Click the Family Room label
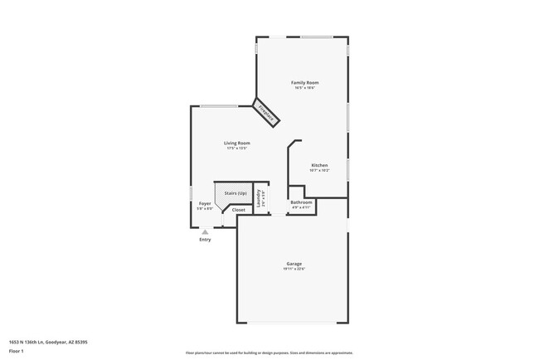coord(304,82)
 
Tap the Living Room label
coord(237,143)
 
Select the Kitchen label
coord(320,165)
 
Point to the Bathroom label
coord(301,202)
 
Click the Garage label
coord(294,264)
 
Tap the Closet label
coord(239,210)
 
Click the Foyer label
coord(205,203)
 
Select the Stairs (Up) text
coord(236,193)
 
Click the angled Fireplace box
coord(266,114)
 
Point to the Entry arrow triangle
coord(205,232)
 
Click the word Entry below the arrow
coord(205,240)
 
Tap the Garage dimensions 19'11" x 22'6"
coord(294,269)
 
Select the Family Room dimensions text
coord(304,88)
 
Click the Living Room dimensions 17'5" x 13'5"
coord(237,148)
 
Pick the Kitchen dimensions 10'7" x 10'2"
coord(320,171)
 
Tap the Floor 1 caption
coord(17,350)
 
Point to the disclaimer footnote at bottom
coord(269,353)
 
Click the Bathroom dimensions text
coord(301,207)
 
